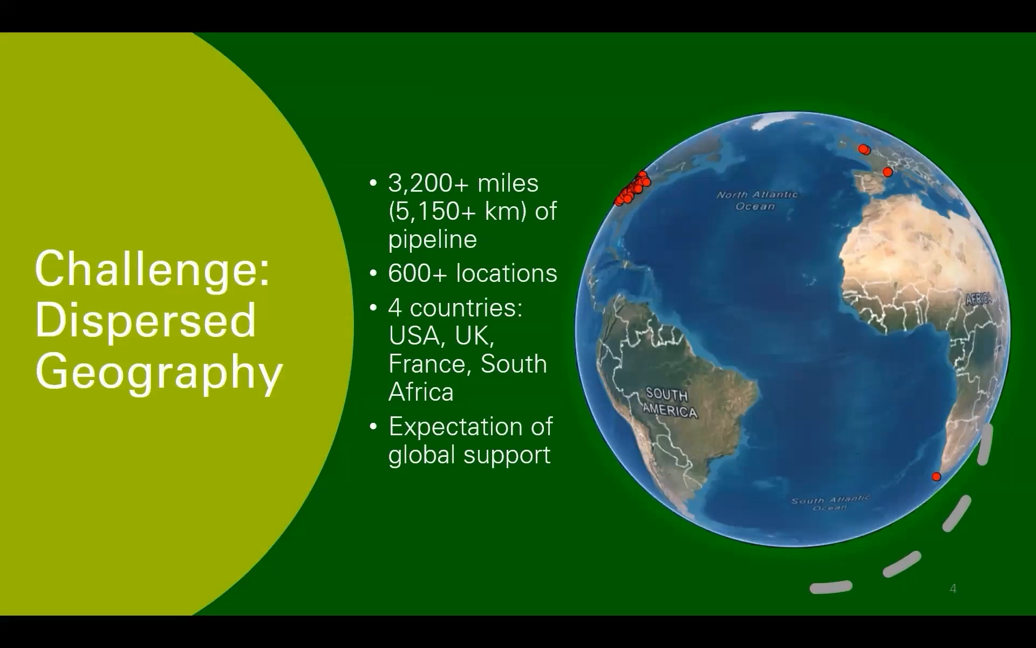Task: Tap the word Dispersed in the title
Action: tap(145, 320)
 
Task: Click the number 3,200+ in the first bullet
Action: tap(428, 184)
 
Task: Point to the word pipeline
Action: tap(433, 240)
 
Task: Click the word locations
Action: tap(507, 273)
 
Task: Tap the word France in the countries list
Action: tap(430, 364)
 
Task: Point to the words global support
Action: tap(469, 455)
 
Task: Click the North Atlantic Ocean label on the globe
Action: tap(756, 200)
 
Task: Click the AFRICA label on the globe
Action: tap(979, 299)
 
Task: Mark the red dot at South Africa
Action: tap(936, 476)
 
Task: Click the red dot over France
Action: tap(888, 172)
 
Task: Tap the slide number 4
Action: tap(953, 589)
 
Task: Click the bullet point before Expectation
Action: tap(373, 427)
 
